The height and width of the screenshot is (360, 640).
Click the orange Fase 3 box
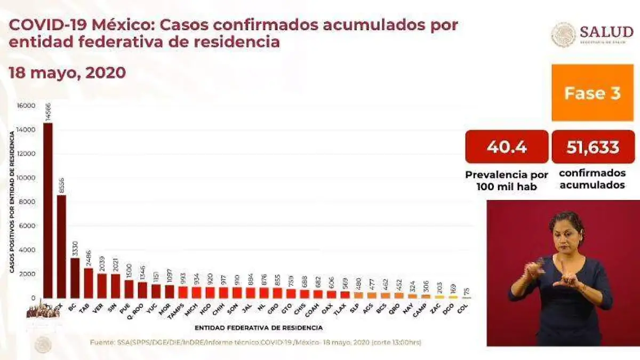(592, 93)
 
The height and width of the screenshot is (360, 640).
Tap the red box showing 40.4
(507, 147)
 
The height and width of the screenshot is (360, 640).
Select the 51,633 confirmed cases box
(592, 147)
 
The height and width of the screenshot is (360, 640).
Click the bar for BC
(75, 278)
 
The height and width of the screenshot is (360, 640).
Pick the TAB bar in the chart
(89, 283)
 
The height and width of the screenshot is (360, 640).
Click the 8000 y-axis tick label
(29, 202)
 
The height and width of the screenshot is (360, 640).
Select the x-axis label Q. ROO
(140, 310)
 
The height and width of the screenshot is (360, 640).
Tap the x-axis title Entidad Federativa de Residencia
(258, 327)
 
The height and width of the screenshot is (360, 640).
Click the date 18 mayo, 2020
(67, 73)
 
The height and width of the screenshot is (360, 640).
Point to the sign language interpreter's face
(567, 235)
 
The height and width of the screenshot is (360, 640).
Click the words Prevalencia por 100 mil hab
(507, 180)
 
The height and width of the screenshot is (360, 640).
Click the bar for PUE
(129, 289)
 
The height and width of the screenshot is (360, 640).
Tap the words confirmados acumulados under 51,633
(592, 180)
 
